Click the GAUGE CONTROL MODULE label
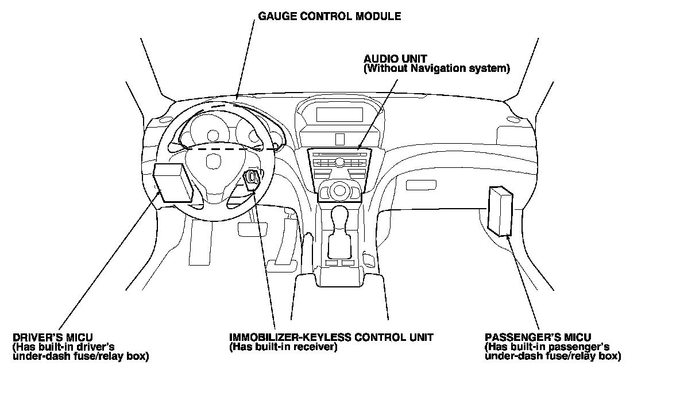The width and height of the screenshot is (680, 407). [x=329, y=17]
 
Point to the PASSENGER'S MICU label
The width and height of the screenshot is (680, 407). [x=538, y=337]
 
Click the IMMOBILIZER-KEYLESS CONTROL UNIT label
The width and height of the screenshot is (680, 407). [x=331, y=337]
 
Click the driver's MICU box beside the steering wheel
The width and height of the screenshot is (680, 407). [x=172, y=182]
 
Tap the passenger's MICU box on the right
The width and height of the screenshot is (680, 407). [x=500, y=210]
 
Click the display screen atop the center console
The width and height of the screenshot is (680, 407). [x=339, y=113]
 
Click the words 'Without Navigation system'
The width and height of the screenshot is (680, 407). [x=437, y=69]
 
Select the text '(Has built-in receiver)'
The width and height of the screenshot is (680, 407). [x=283, y=347]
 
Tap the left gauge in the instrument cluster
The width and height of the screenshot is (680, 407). [x=213, y=136]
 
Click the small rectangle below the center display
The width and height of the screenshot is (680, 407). [x=339, y=139]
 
